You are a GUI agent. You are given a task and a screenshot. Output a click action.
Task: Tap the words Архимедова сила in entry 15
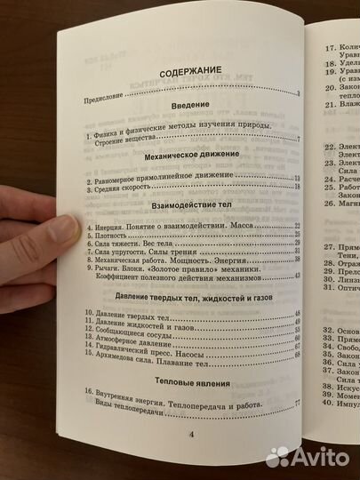(124, 355)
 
